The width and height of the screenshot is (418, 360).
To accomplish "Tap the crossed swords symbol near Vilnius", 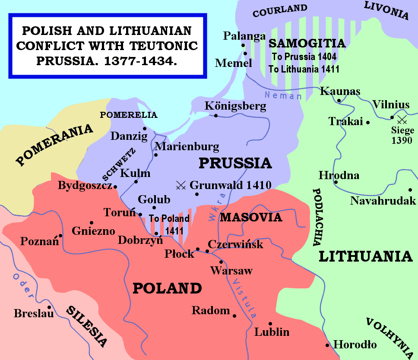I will pos(402,119).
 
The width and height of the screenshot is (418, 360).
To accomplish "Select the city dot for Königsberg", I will pos(216,115).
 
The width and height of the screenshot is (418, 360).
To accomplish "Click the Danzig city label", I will pos(126,136).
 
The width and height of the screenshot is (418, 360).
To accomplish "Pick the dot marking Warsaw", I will pos(221,262).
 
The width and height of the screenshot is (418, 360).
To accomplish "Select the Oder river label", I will pos(23,286).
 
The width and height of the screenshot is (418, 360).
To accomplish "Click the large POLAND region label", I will pos(167,288).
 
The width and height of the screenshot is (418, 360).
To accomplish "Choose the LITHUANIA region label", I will pos(365,256).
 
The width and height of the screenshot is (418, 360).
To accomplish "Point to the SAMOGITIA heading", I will pos(307,44).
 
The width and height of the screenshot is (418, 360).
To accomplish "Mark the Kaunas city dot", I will pos(339,101).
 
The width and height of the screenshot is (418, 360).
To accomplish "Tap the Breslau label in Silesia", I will pos(34,313).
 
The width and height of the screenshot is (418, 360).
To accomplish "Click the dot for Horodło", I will pos(328,345).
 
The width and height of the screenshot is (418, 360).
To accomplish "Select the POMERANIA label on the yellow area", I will pos(55,145).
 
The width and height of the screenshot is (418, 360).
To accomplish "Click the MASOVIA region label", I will pos(251,217).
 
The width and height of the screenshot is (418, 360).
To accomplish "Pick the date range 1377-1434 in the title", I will pos(140,61).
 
